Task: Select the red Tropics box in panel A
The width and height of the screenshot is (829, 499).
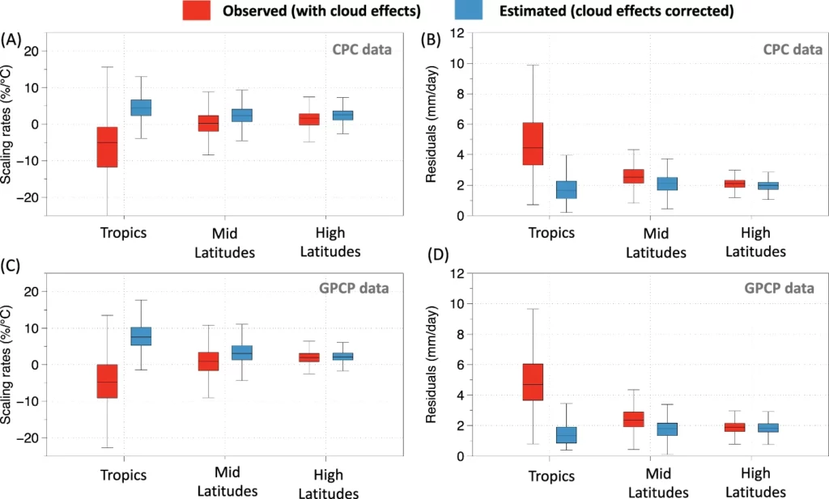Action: [x=107, y=147]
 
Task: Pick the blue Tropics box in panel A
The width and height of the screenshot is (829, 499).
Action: [x=141, y=108]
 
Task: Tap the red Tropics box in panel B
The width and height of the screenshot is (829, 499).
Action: [x=533, y=144]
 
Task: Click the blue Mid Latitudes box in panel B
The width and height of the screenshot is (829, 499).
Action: [x=667, y=184]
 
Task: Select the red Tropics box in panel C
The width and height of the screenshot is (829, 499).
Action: [x=107, y=381]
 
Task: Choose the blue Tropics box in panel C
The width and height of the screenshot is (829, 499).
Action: [x=141, y=336]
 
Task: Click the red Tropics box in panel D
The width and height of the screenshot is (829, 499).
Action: [x=533, y=382]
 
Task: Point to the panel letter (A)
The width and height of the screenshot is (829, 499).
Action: [x=11, y=40]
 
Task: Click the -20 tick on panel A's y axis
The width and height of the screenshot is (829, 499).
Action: [x=32, y=197]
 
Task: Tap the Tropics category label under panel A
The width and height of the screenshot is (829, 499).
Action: [x=124, y=233]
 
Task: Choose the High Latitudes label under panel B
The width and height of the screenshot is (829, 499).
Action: [x=755, y=242]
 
